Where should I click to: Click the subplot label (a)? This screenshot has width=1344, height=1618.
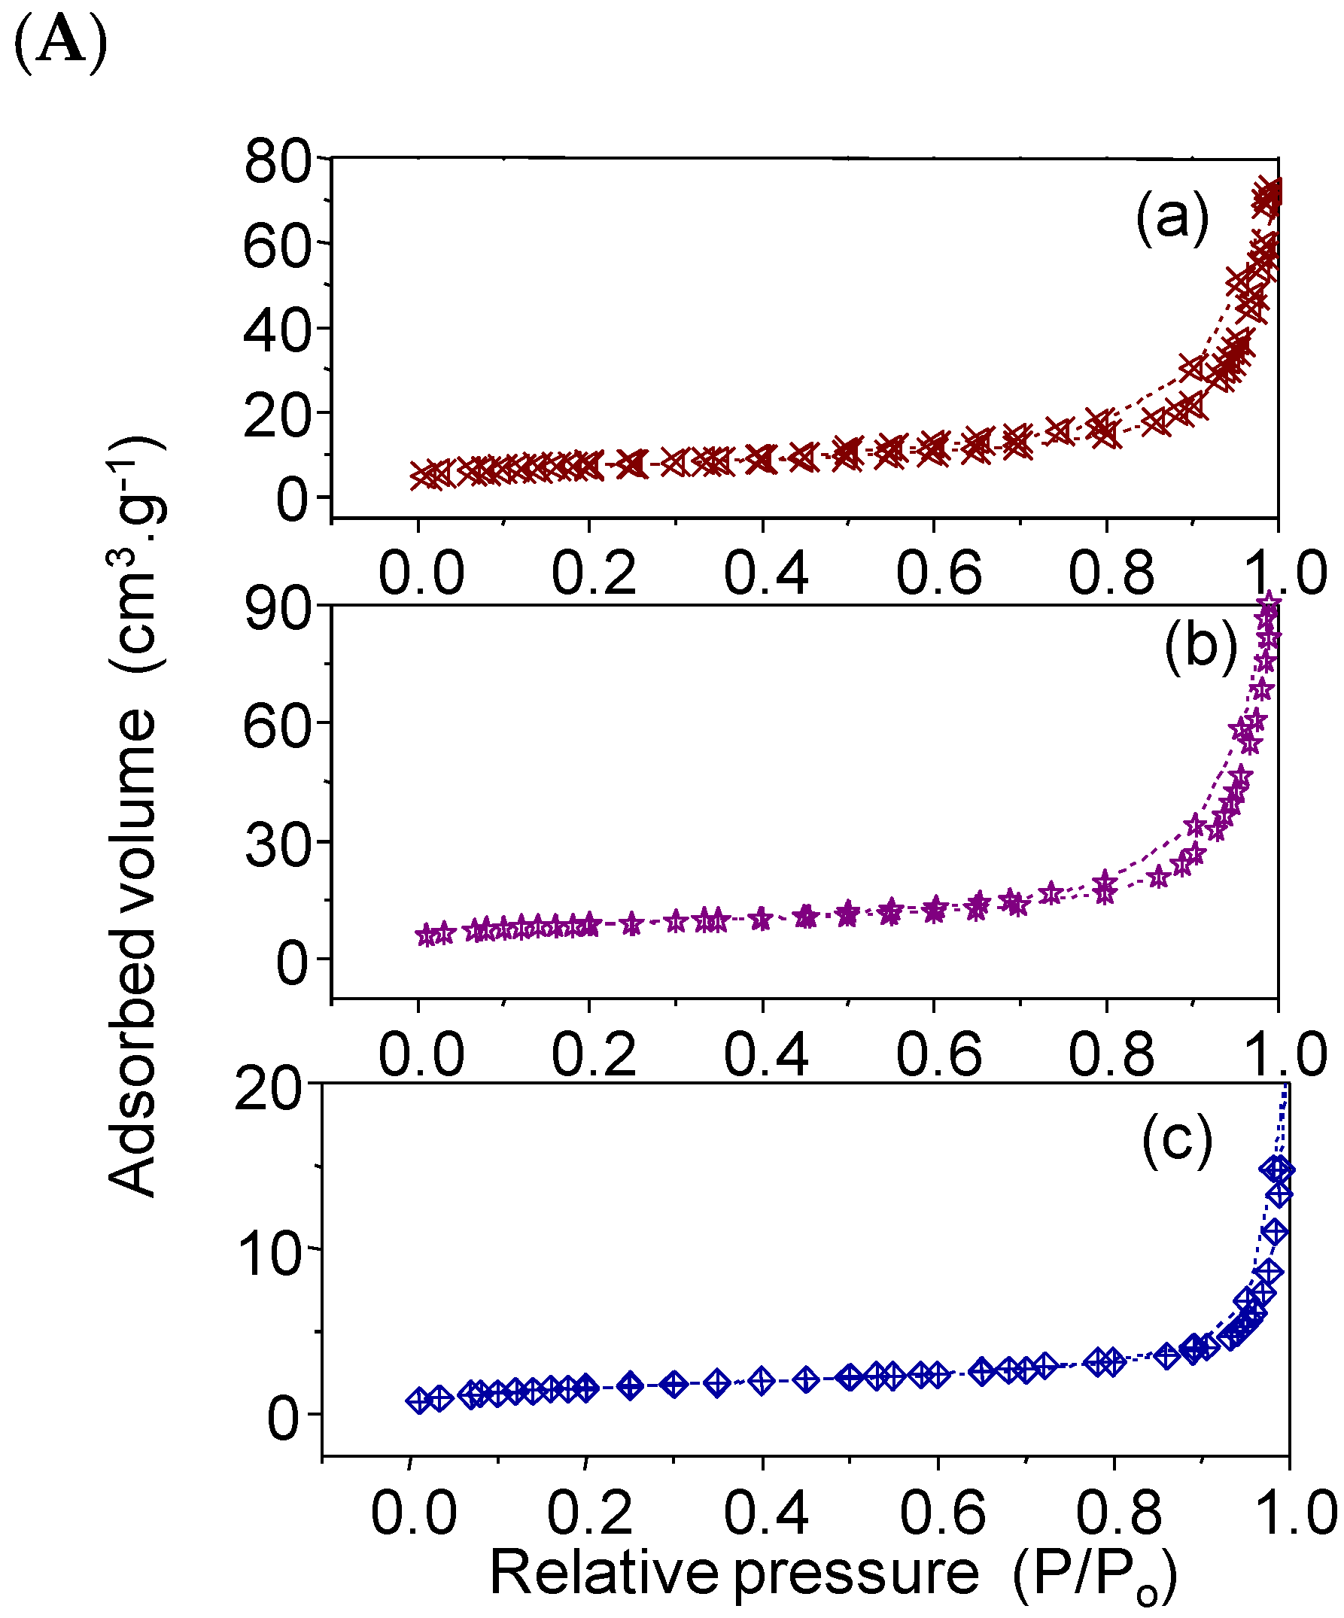[1172, 218]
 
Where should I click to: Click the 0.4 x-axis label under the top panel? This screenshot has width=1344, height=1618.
[765, 573]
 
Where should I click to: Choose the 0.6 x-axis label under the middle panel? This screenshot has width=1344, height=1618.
[938, 1054]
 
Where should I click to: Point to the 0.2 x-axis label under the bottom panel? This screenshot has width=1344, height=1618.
[589, 1512]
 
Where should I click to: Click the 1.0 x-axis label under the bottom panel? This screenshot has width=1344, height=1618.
[1295, 1512]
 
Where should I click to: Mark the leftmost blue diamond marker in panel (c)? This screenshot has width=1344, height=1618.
[418, 1401]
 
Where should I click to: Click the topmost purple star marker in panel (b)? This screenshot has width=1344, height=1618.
[1269, 604]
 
